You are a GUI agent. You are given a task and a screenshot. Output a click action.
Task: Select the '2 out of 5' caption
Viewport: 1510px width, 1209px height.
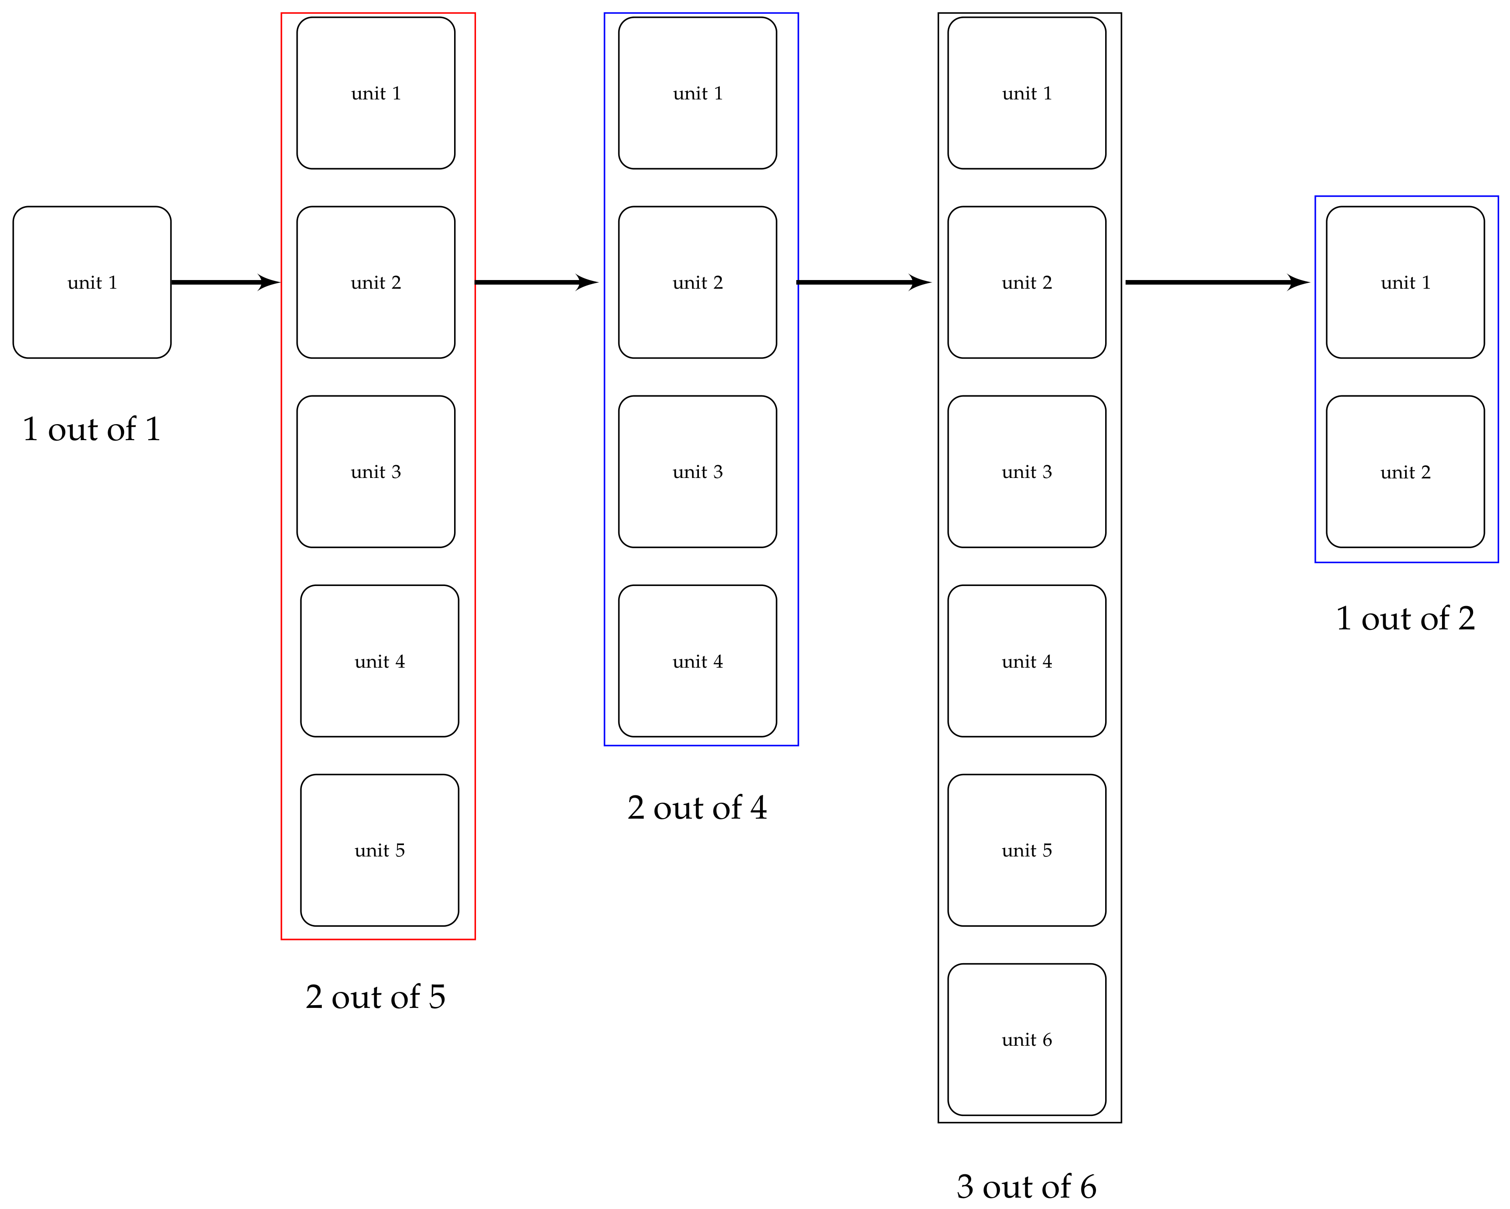pyautogui.click(x=375, y=997)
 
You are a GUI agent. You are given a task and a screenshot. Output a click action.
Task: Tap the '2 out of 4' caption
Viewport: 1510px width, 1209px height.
pyautogui.click(x=698, y=808)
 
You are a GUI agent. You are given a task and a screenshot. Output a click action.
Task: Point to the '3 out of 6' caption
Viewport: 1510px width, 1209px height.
pyautogui.click(x=1027, y=1187)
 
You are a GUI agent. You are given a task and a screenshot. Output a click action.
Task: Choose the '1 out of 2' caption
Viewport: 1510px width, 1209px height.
pyautogui.click(x=1406, y=618)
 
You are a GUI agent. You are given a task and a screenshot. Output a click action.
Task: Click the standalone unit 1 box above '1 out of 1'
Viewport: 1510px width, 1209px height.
pyautogui.click(x=92, y=282)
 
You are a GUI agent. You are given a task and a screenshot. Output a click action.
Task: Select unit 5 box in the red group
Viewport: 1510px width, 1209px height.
pyautogui.click(x=380, y=851)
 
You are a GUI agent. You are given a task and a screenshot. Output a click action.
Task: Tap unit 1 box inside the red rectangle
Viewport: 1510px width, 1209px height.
pyautogui.click(x=376, y=93)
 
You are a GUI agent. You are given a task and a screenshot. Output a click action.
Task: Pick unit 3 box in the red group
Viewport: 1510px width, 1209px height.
pyautogui.click(x=376, y=472)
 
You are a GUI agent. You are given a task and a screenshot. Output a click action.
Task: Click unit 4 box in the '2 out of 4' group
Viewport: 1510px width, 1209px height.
pyautogui.click(x=698, y=661)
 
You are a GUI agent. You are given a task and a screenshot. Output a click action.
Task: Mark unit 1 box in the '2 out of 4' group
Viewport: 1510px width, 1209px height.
pyautogui.click(x=698, y=93)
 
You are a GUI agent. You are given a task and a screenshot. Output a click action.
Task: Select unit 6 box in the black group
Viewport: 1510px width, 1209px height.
pyautogui.click(x=1027, y=1039)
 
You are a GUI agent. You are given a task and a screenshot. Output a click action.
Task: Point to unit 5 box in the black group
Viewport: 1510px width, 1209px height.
pyautogui.click(x=1027, y=851)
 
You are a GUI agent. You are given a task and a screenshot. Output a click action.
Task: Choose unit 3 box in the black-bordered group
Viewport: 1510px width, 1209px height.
pyautogui.click(x=1027, y=472)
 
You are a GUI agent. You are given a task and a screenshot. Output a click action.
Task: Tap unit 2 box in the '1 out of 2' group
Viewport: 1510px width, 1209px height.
pyautogui.click(x=1406, y=472)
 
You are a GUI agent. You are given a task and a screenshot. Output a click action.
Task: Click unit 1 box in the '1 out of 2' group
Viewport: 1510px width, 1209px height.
pyautogui.click(x=1406, y=282)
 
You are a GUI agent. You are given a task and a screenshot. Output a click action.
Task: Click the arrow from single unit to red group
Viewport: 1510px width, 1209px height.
pyautogui.click(x=226, y=282)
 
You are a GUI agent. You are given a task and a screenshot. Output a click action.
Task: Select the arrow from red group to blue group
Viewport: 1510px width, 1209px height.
pyautogui.click(x=537, y=282)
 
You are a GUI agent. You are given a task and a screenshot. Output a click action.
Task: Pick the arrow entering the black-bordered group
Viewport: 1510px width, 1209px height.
pyautogui.click(x=864, y=282)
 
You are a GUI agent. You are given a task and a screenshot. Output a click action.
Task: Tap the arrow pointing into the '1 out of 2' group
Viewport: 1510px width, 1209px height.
pyautogui.click(x=1218, y=282)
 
